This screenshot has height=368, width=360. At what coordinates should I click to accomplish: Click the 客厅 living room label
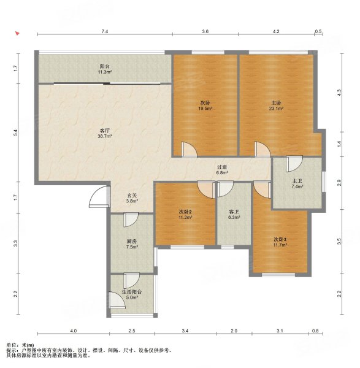pyautogui.click(x=105, y=131)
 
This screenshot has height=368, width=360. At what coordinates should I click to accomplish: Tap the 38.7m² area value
pyautogui.click(x=105, y=136)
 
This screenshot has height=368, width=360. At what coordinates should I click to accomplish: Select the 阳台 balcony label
pyautogui.click(x=105, y=67)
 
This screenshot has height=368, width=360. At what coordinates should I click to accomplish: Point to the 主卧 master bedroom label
pyautogui.click(x=276, y=103)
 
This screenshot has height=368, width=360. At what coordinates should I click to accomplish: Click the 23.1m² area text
pyautogui.click(x=276, y=109)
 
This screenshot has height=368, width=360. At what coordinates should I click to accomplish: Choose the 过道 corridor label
pyautogui.click(x=222, y=167)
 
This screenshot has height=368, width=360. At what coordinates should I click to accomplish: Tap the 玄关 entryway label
pyautogui.click(x=132, y=195)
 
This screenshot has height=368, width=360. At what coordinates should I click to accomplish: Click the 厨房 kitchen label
pyautogui.click(x=132, y=241)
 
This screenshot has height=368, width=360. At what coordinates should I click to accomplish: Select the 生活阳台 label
pyautogui.click(x=132, y=292)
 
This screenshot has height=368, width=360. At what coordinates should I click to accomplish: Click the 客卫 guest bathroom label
pyautogui.click(x=234, y=212)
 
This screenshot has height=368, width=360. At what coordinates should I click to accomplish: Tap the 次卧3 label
pyautogui.click(x=280, y=239)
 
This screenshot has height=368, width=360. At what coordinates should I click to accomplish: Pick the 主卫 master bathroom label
pyautogui.click(x=297, y=181)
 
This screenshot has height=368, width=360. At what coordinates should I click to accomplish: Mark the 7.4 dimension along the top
pyautogui.click(x=105, y=31)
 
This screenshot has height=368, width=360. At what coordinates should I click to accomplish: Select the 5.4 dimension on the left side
pyautogui.click(x=15, y=132)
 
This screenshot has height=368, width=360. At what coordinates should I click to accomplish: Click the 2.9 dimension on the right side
pyautogui.click(x=339, y=183)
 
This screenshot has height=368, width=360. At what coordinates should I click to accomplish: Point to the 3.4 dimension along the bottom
pyautogui.click(x=185, y=331)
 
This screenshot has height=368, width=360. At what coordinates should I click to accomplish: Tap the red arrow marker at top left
pyautogui.click(x=17, y=33)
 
